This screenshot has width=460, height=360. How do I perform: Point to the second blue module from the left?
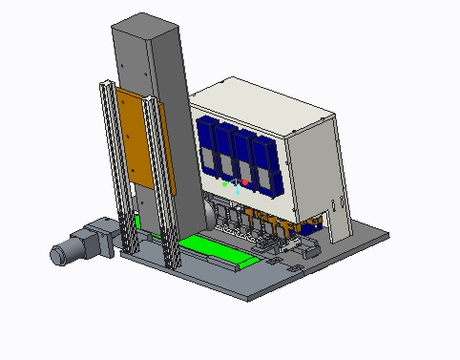[x=226, y=154]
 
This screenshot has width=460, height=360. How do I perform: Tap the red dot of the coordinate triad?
[x=245, y=181]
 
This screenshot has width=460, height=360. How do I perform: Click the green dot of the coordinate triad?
[x=225, y=181]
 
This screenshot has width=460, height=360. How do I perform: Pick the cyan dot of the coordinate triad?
[x=238, y=191]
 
